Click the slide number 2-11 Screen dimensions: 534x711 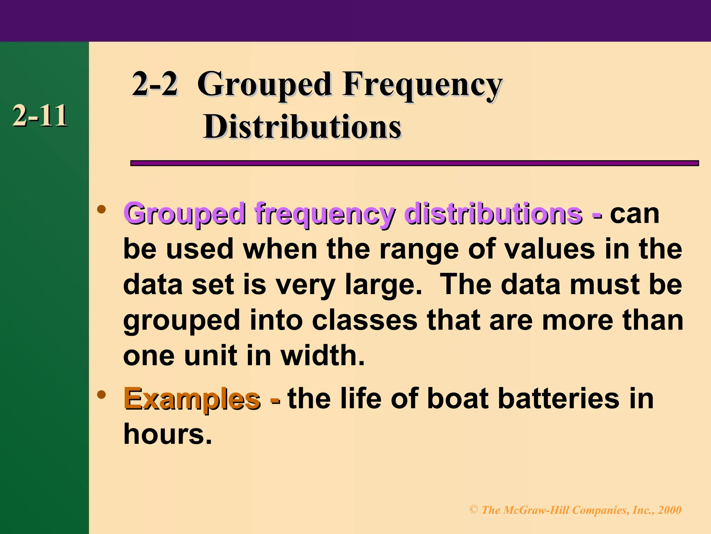(x=40, y=116)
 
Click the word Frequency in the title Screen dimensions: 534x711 (x=422, y=85)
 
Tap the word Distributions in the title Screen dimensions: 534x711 (x=302, y=127)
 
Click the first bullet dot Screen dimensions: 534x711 (x=101, y=209)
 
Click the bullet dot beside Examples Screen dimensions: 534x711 (x=101, y=394)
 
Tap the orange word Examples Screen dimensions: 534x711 (x=192, y=399)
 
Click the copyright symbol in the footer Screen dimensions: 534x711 (x=474, y=510)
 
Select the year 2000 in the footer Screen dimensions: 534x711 (x=669, y=510)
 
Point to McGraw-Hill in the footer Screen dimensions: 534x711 (x=536, y=510)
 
